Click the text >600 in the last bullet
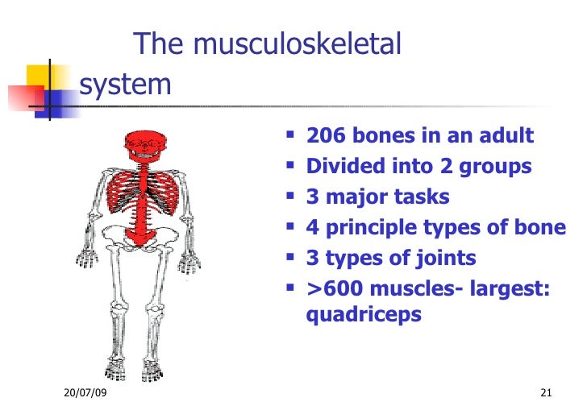coord(332,289)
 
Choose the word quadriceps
coord(364,314)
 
